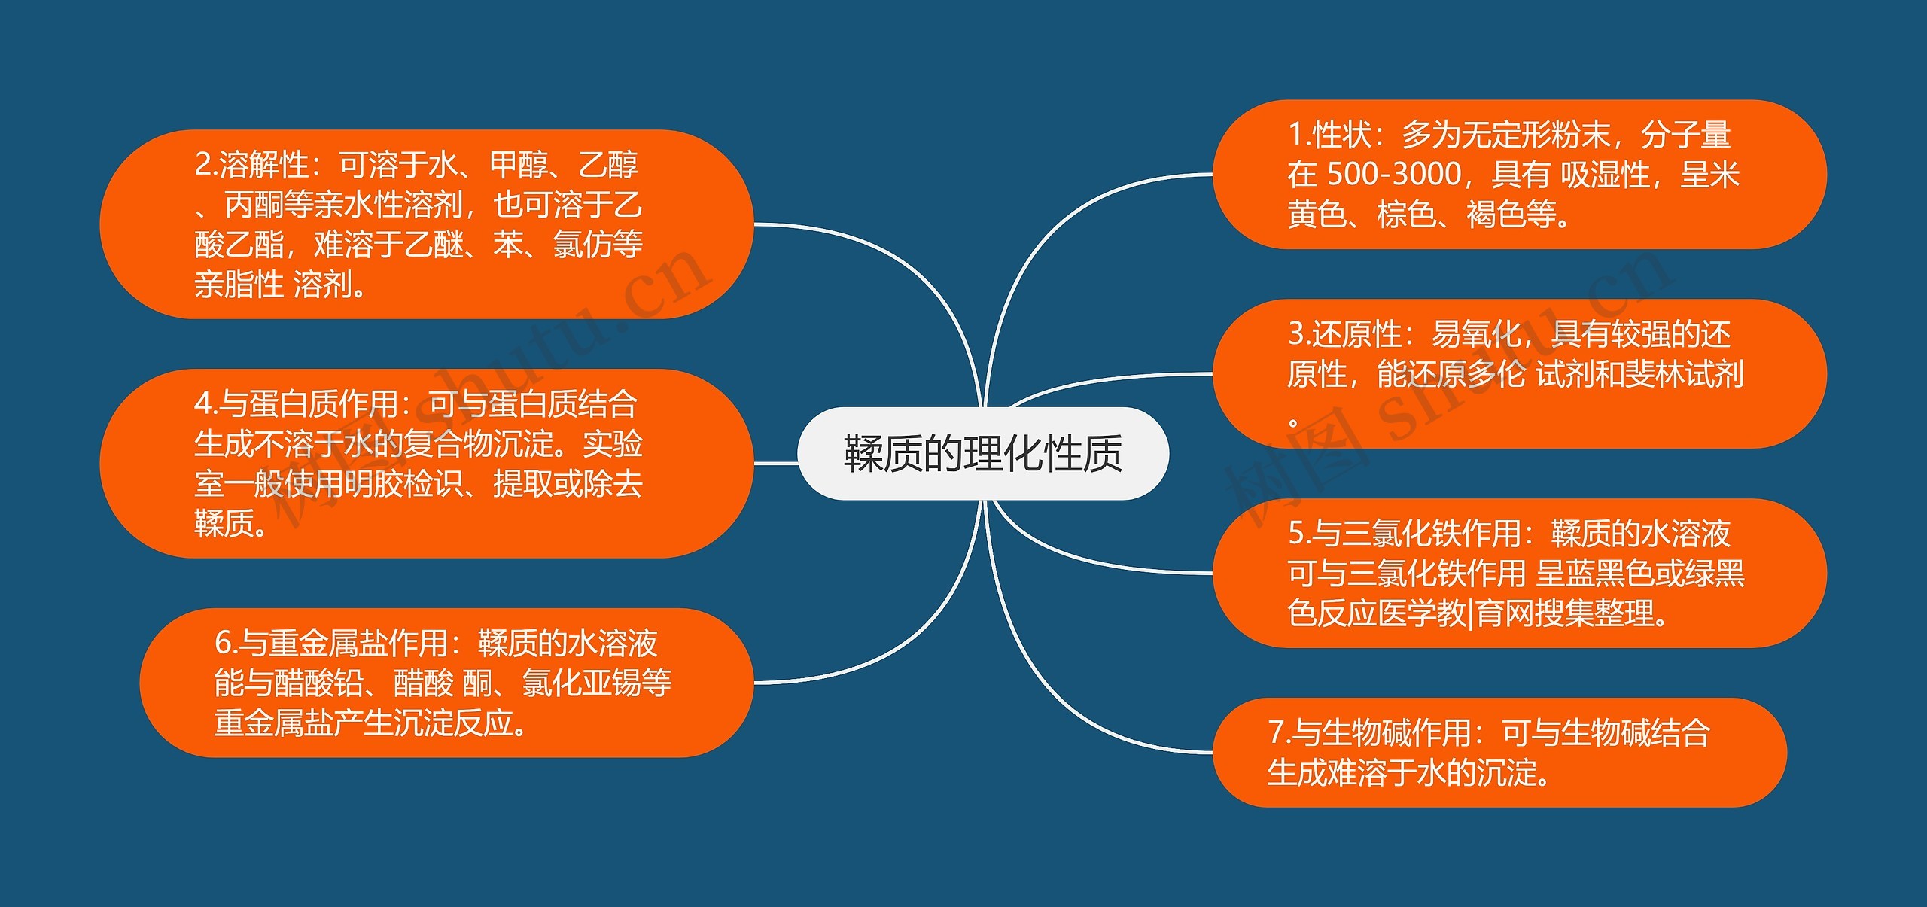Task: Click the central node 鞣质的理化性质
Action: point(982,453)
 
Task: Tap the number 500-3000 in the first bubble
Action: point(1393,175)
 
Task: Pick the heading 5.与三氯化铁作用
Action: point(1403,533)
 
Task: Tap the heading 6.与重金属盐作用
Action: point(331,643)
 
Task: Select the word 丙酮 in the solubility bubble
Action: point(253,205)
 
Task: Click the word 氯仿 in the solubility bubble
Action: point(582,245)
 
